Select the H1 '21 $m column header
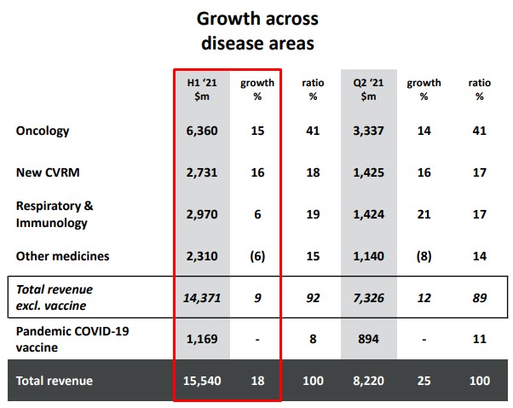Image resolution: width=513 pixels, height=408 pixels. point(202,89)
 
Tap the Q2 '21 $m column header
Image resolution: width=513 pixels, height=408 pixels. point(368,89)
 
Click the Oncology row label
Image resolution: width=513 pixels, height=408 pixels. point(43,131)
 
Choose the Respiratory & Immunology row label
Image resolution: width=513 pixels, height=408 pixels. point(55,214)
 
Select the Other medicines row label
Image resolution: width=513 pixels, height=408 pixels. point(62,256)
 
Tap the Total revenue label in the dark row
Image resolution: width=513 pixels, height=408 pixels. point(55,380)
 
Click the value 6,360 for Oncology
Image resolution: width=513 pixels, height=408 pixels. point(202,131)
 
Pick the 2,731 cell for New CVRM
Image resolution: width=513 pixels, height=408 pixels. point(202,172)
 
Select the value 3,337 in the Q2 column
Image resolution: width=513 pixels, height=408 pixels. point(368,131)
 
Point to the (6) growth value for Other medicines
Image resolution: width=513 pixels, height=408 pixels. point(257,256)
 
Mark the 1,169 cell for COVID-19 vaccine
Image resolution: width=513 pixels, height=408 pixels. point(202,339)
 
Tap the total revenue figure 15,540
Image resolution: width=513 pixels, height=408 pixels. point(202,380)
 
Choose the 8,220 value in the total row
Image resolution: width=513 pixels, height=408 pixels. point(368,380)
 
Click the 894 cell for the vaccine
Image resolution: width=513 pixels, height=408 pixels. point(368,339)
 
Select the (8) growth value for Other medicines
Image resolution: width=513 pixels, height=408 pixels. point(424,256)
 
